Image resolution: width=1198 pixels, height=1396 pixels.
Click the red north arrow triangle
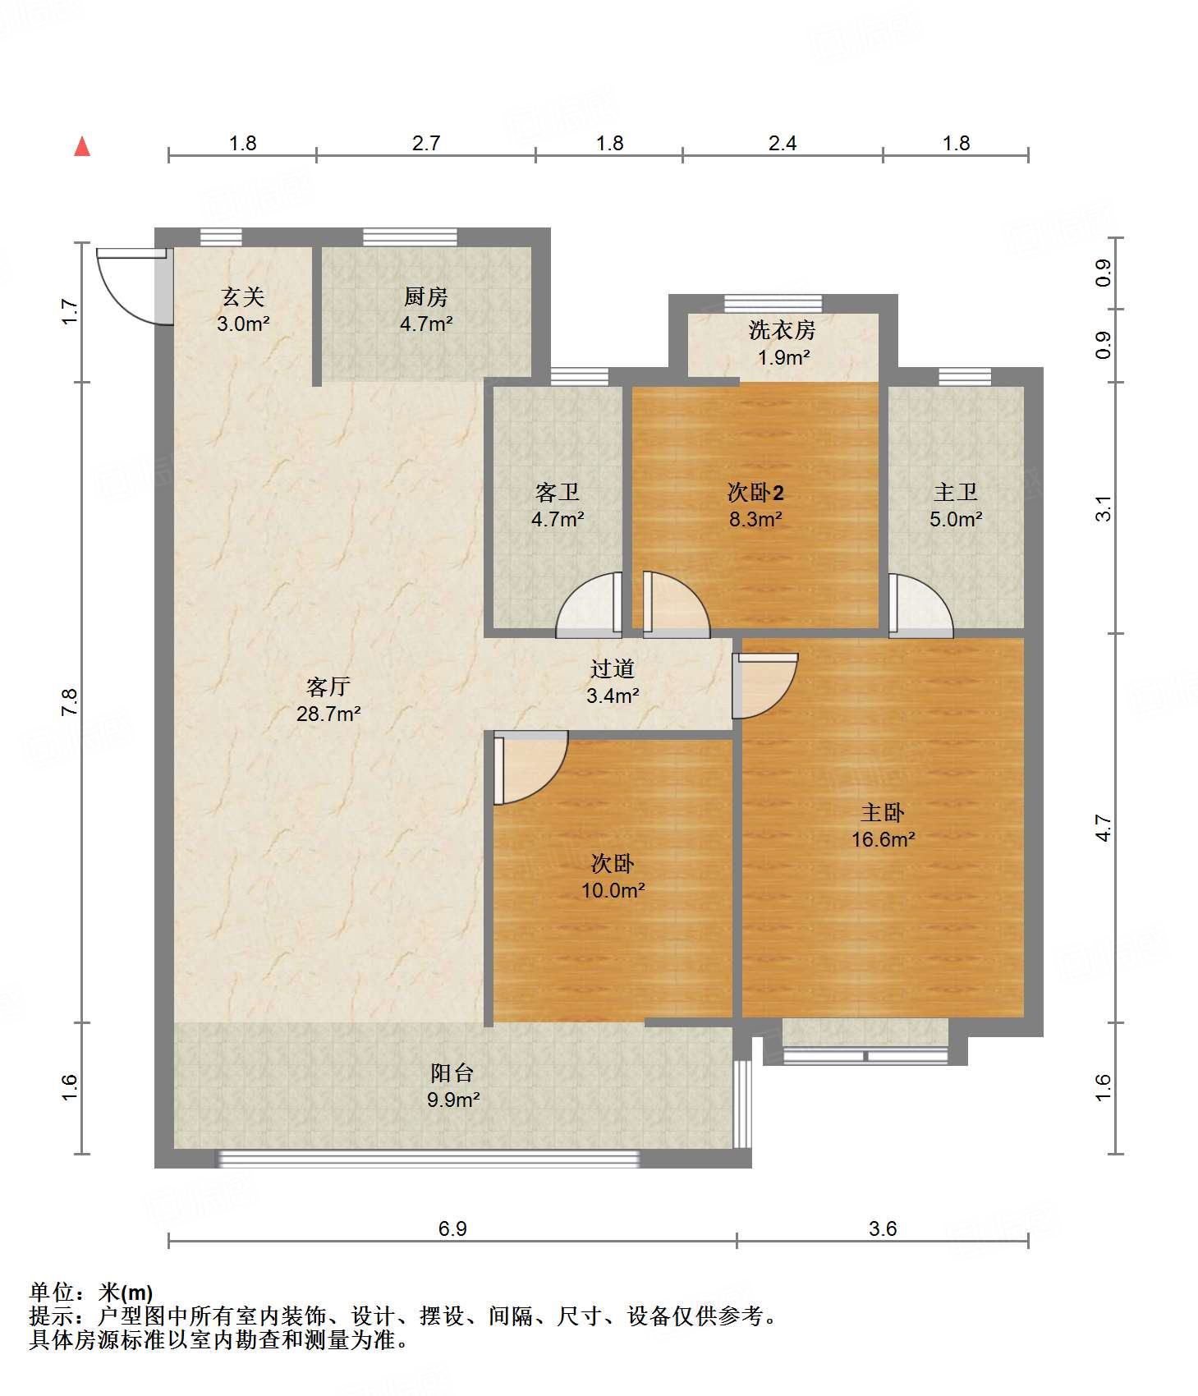click(x=82, y=147)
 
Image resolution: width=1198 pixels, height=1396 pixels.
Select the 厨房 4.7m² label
click(x=426, y=310)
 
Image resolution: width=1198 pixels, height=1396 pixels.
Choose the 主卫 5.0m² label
click(x=956, y=505)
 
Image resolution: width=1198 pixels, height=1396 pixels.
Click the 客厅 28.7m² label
click(x=328, y=700)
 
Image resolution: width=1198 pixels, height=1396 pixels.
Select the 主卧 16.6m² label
click(x=883, y=825)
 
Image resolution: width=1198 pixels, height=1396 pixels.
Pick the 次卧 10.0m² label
click(x=613, y=876)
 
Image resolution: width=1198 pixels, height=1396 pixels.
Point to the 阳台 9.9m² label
click(x=452, y=1086)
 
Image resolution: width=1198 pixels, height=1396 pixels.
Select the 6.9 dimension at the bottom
click(x=452, y=1228)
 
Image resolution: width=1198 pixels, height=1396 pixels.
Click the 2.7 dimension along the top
click(x=426, y=144)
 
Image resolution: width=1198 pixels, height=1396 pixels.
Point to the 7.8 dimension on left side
click(x=70, y=702)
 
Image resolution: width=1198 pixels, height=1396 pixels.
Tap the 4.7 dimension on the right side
click(x=1104, y=828)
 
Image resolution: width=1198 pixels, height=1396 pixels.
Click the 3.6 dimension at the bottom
click(x=883, y=1228)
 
